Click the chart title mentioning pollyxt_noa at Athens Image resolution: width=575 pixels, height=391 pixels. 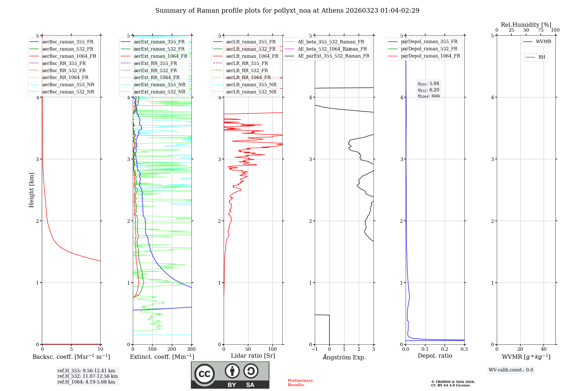point(287,11)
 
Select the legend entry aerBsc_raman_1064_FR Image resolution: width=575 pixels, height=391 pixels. point(69,56)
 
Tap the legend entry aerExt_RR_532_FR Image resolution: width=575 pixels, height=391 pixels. point(155,70)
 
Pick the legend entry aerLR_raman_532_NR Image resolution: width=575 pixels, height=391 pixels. point(251,92)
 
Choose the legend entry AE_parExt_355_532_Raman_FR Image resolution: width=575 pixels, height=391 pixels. point(333,56)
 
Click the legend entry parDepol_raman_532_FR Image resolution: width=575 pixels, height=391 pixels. point(429,49)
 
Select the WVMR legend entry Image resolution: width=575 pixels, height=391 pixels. point(543,42)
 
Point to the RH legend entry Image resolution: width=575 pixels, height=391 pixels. point(542,57)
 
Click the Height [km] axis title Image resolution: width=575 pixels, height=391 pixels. point(31,190)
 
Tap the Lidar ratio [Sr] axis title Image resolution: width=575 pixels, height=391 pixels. point(253,356)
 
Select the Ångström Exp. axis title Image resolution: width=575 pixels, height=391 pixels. point(344,357)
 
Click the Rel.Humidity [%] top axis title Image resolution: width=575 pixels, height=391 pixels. point(526,25)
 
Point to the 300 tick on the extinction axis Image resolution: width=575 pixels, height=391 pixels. point(191,349)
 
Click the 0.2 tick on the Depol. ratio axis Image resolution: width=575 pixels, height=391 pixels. point(445,349)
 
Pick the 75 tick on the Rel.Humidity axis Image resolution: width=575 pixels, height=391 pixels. point(540,30)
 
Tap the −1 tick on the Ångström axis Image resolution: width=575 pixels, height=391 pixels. point(315,349)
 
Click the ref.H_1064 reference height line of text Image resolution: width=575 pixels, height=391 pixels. point(86,382)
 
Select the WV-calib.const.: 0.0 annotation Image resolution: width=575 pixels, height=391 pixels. point(511,370)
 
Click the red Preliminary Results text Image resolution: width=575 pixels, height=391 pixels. point(300,383)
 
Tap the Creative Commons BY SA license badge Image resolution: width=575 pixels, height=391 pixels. point(230,375)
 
